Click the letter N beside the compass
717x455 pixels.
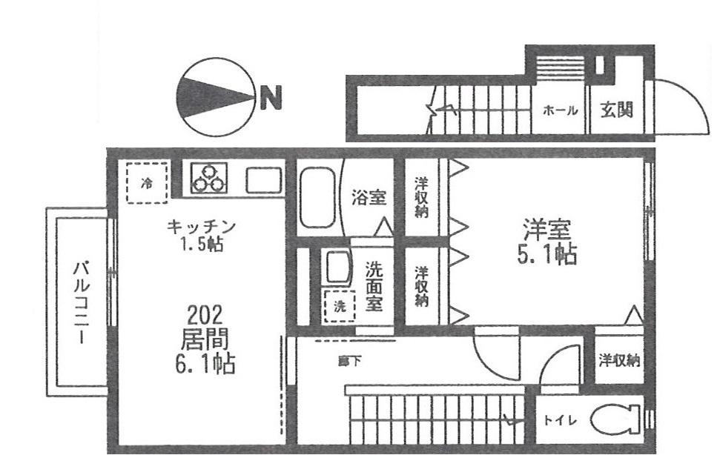point(271,96)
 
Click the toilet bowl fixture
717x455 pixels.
point(614,420)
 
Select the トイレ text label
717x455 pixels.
point(559,420)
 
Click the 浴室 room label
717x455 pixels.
point(369,198)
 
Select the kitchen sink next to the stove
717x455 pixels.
point(263,179)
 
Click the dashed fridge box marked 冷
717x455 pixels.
point(147,182)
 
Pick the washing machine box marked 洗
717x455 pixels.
point(340,306)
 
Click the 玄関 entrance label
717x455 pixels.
point(616,110)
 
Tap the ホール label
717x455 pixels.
point(561,110)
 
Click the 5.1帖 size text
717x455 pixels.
point(548,255)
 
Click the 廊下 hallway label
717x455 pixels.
point(343,362)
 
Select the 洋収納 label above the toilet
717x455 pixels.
point(620,361)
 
